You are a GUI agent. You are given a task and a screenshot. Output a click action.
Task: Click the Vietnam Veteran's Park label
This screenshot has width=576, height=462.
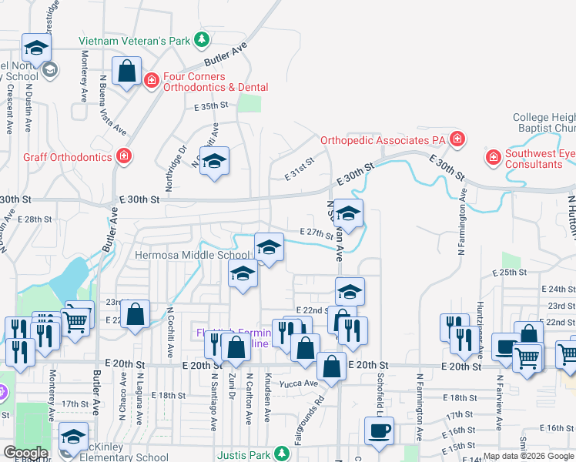tap(136, 40)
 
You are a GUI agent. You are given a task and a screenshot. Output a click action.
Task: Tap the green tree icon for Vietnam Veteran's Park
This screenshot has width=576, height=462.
tap(202, 38)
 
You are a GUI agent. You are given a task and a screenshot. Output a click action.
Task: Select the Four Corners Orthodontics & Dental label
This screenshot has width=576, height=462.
tap(215, 82)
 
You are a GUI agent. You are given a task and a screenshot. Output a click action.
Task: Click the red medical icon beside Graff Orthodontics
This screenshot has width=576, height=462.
tap(123, 157)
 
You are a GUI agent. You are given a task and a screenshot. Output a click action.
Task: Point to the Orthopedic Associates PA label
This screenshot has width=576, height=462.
tap(383, 140)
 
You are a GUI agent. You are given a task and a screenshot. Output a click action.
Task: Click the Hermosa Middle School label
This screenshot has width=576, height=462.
tap(192, 256)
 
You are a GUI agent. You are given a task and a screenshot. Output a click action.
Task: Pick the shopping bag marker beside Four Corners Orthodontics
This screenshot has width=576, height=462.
tap(127, 72)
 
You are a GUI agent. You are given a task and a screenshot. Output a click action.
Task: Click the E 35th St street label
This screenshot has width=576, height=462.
tap(212, 106)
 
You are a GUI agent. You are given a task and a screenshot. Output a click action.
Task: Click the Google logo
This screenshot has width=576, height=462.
tap(26, 453)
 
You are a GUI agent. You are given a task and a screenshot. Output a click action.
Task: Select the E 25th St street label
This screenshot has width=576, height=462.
tap(510, 273)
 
